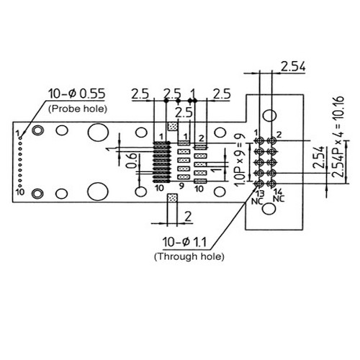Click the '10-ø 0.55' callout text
click(x=77, y=94)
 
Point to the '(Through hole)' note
click(x=189, y=256)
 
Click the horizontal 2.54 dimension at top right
click(x=292, y=67)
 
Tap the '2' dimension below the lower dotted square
click(x=186, y=215)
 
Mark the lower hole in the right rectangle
click(x=269, y=210)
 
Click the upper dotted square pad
click(x=171, y=126)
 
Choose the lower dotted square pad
click(x=171, y=196)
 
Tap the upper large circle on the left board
click(x=95, y=133)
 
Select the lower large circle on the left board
click(x=95, y=191)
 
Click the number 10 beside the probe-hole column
click(x=19, y=192)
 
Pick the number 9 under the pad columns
click(x=181, y=187)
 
